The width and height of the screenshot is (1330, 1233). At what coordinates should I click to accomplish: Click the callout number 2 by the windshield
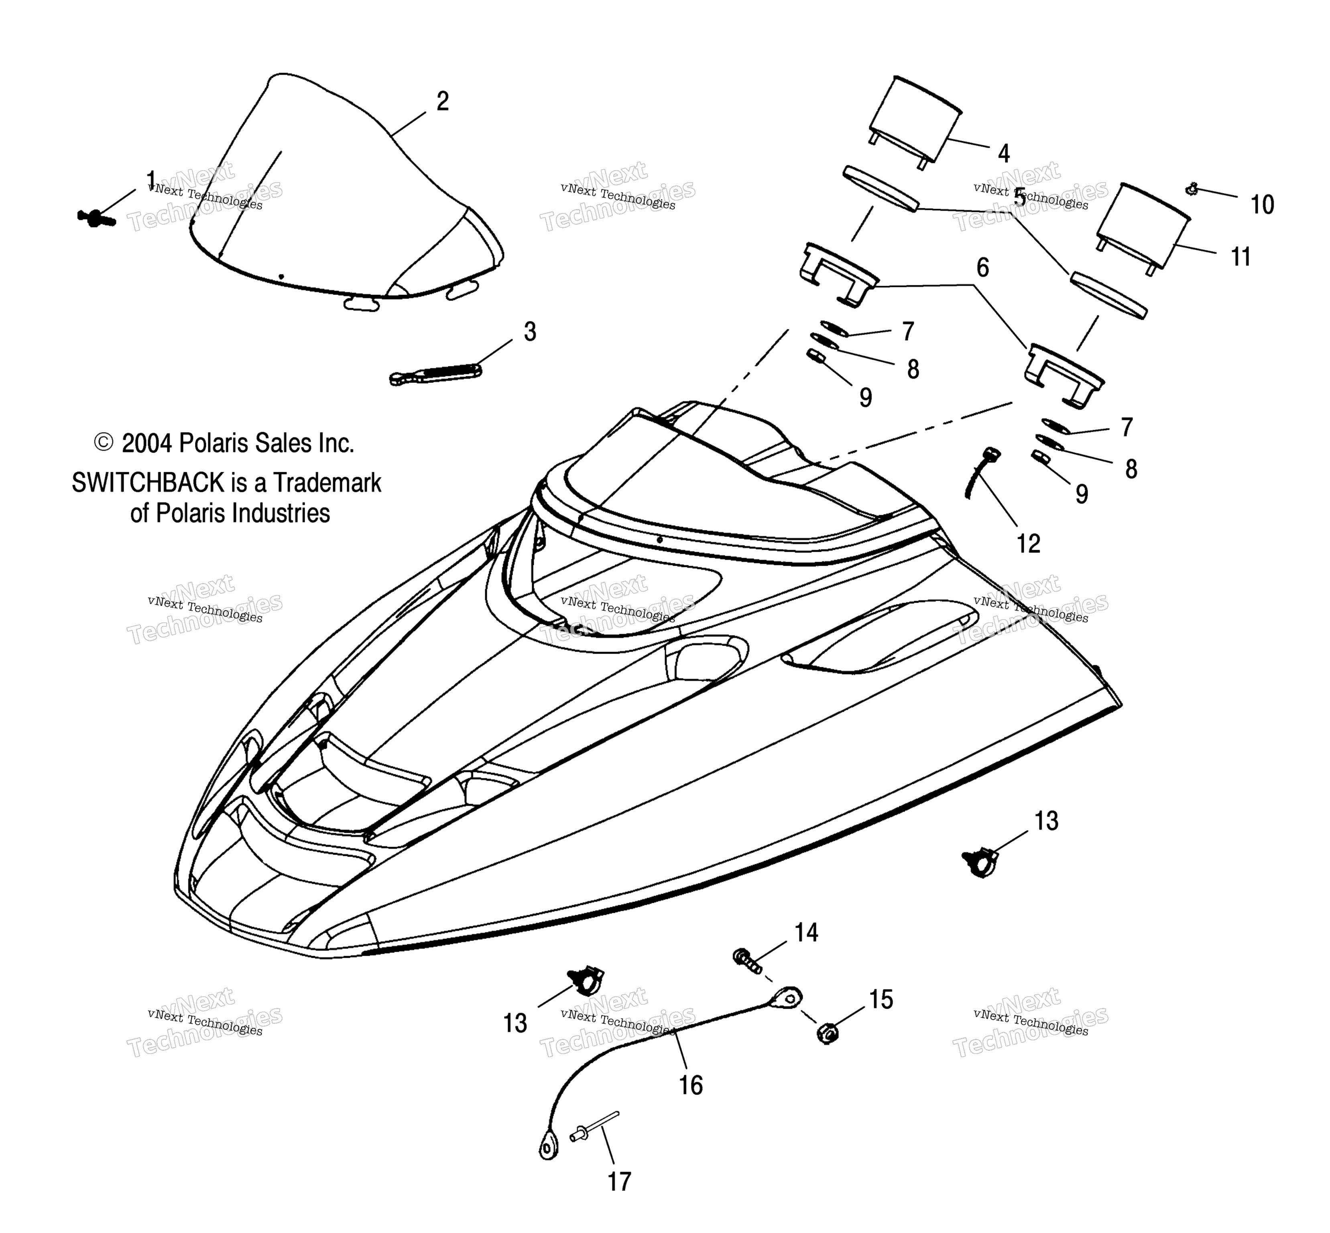tap(442, 102)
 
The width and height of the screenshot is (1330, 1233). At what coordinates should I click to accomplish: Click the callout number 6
tap(982, 268)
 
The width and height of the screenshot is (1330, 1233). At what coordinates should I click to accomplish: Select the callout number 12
tap(1028, 544)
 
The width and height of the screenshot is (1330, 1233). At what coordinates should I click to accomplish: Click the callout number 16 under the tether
tap(691, 1086)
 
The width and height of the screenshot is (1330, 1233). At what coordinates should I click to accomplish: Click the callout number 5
tap(1019, 197)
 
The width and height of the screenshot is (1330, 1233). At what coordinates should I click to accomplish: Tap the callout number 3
tap(530, 331)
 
